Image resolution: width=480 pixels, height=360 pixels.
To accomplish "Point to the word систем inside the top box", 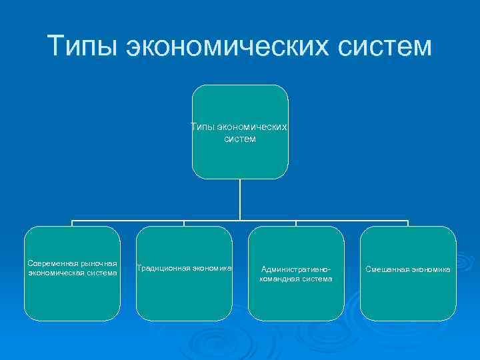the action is tap(240, 140).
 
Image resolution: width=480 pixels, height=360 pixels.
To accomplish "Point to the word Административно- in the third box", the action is tap(296, 269).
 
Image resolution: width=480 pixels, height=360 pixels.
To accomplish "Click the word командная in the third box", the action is tap(279, 279).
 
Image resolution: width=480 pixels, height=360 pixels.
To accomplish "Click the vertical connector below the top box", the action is tap(240, 200).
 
